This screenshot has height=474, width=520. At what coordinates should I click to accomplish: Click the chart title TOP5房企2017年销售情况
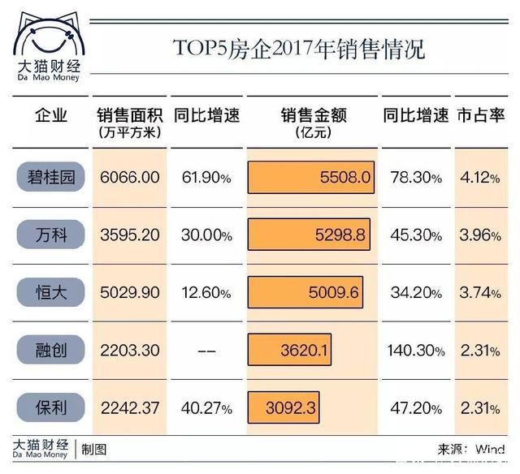[x=298, y=48]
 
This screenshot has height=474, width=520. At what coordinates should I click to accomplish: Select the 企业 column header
[x=51, y=116]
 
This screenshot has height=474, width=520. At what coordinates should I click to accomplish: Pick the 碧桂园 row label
[x=51, y=177]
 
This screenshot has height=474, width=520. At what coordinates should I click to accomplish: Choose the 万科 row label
[x=51, y=235]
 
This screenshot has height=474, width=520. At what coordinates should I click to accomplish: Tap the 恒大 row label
[x=51, y=292]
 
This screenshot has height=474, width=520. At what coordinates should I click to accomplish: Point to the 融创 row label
[x=51, y=351]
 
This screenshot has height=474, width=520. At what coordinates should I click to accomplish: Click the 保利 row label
[x=51, y=408]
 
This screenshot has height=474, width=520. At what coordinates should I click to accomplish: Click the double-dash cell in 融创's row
[x=207, y=351]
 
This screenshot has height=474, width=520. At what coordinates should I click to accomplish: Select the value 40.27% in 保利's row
[x=206, y=408]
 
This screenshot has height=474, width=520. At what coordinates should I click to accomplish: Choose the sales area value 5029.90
[x=128, y=293]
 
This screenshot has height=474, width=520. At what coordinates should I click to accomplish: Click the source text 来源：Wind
[x=471, y=449]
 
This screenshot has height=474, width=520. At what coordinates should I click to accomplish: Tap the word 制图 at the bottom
[x=93, y=449]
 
